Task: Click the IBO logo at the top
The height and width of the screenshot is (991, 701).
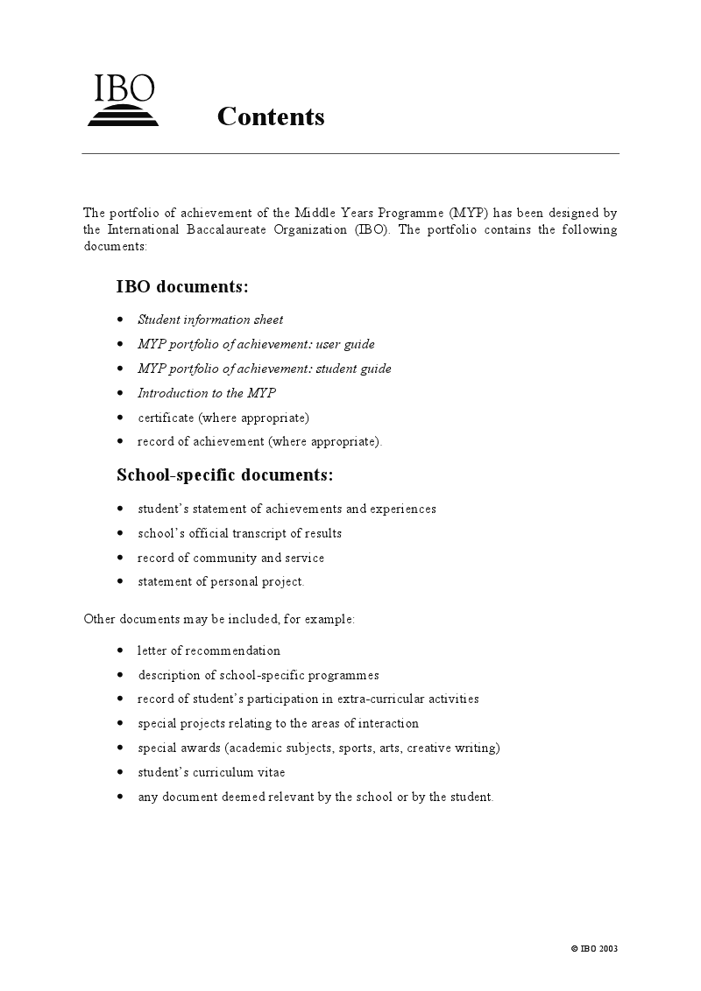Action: coord(124,101)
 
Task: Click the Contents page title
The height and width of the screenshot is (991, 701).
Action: coord(271,116)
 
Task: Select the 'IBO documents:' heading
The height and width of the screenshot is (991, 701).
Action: coord(182,287)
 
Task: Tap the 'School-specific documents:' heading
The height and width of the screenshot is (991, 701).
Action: coord(225,475)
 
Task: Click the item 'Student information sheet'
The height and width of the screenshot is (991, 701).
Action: coord(210,320)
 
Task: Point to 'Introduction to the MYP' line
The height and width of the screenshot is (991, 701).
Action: coord(207,393)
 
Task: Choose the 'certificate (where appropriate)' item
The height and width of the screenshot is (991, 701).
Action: coord(223,418)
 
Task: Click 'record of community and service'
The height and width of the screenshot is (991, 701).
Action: coord(230,558)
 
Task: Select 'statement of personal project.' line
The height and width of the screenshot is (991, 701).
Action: coord(221,582)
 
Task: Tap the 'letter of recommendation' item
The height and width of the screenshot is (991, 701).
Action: coord(209,650)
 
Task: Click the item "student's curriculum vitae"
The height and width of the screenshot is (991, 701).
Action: coord(211,773)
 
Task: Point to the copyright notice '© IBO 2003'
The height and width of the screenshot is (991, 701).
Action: coord(595,949)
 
